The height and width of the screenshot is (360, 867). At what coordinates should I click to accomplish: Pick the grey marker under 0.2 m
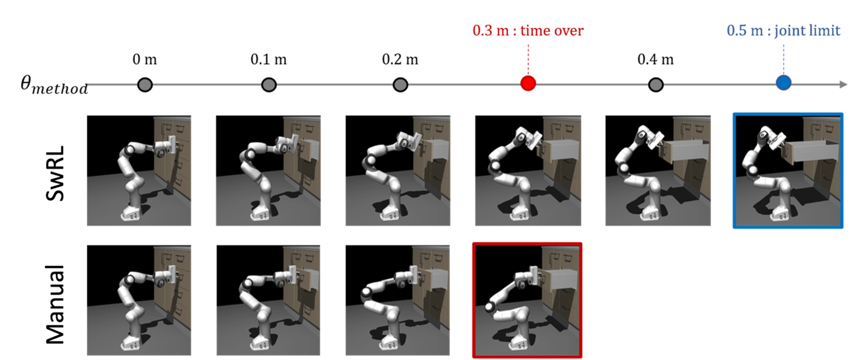[x=400, y=84]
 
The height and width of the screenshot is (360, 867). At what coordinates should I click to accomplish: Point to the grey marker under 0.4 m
[x=656, y=84]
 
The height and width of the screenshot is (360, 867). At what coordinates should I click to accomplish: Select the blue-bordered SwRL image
[x=788, y=171]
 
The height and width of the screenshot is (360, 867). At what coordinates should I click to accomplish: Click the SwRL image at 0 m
[x=139, y=171]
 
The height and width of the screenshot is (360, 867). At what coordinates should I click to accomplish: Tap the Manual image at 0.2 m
[x=397, y=300]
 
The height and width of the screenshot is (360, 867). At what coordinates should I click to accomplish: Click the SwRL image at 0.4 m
[x=658, y=171]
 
